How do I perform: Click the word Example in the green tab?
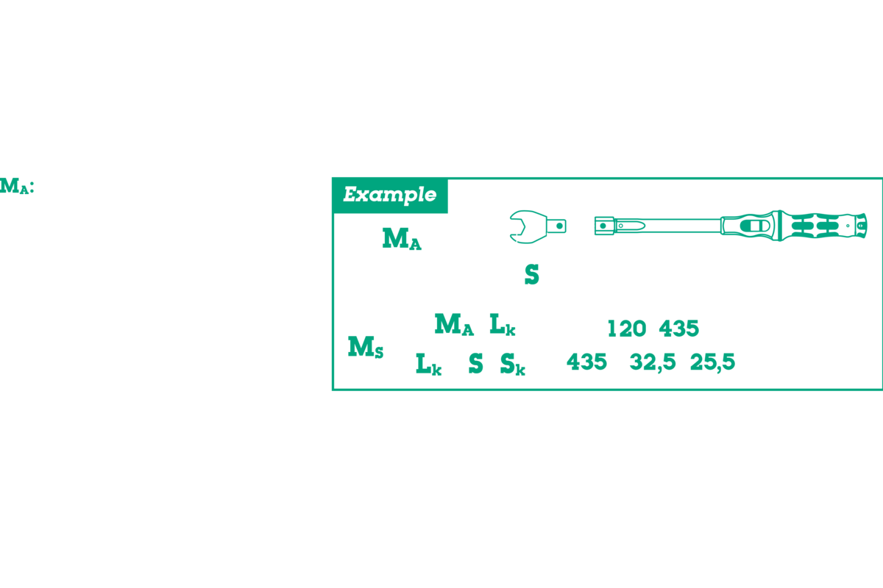(x=389, y=195)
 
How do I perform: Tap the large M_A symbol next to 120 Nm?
(x=401, y=239)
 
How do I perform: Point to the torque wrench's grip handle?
(x=817, y=225)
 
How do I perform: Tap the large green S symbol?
(x=531, y=275)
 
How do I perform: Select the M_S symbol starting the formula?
(x=365, y=345)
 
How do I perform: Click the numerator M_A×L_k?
(x=475, y=325)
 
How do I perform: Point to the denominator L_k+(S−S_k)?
(x=475, y=364)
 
